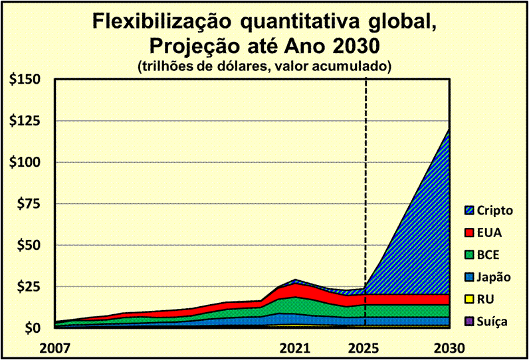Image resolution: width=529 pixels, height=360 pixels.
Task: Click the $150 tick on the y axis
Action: (x=25, y=80)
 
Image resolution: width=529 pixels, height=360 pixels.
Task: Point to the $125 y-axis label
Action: (x=25, y=121)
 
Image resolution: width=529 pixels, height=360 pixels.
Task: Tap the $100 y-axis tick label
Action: (x=25, y=163)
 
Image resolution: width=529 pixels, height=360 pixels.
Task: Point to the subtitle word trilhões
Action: (x=167, y=66)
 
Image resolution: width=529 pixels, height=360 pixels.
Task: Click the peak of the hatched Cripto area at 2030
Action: (x=449, y=130)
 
